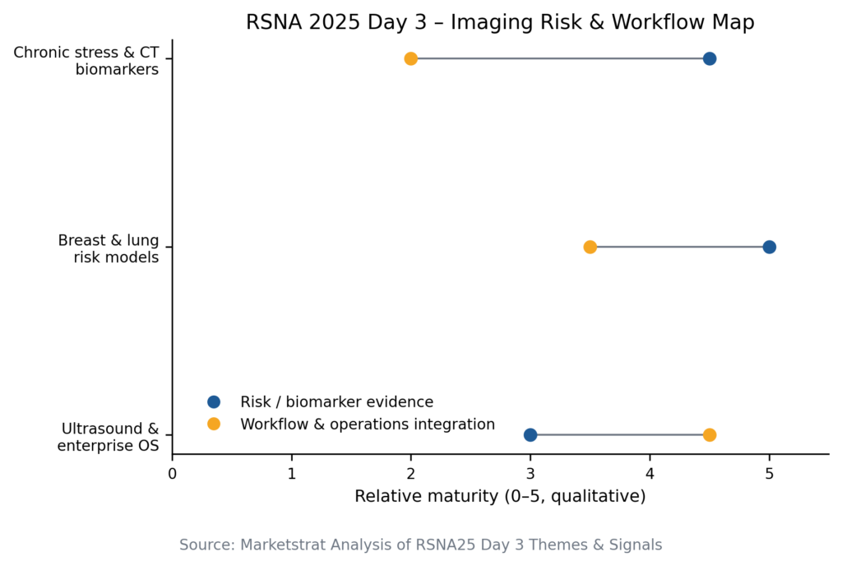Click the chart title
click(500, 22)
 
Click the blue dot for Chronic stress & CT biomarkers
click(710, 58)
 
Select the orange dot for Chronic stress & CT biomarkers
click(411, 58)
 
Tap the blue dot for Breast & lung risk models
click(769, 247)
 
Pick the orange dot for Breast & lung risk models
click(590, 247)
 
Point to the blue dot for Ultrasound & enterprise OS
click(530, 434)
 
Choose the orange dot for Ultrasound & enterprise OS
click(710, 434)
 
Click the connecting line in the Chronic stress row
click(559, 58)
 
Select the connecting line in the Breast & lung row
click(679, 247)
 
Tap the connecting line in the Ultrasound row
click(620, 434)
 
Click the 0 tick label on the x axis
click(172, 473)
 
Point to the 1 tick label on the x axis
click(291, 473)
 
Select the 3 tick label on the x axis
click(530, 473)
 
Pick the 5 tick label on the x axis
click(769, 473)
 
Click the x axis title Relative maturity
click(500, 496)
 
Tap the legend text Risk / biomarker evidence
click(336, 402)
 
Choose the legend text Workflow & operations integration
click(368, 424)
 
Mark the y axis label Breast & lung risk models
click(109, 248)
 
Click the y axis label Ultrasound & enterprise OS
click(109, 437)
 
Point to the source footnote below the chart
click(420, 545)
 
